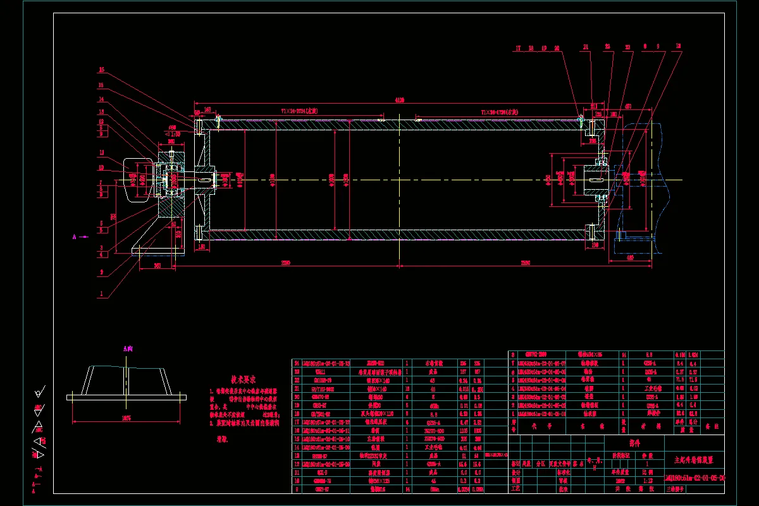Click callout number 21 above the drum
[586, 47]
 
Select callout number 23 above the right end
[628, 47]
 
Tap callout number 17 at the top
[518, 47]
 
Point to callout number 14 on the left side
[101, 100]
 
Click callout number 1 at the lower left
[101, 295]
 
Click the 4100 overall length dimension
[399, 100]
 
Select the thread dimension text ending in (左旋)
[299, 111]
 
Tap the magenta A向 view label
[128, 348]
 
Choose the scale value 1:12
[646, 480]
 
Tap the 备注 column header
[714, 428]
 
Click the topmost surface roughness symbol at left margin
[40, 392]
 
